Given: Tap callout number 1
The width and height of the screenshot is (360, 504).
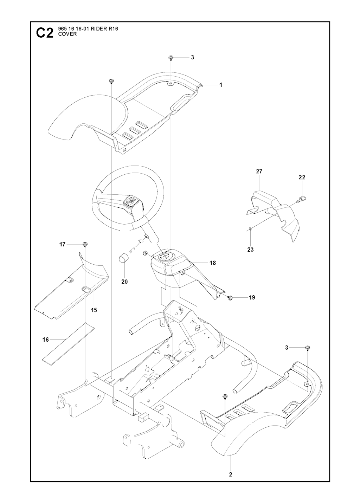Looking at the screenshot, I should pyautogui.click(x=221, y=85).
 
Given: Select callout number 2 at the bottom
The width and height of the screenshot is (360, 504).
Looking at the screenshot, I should pyautogui.click(x=231, y=474).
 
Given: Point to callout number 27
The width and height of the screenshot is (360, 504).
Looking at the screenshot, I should pyautogui.click(x=259, y=172).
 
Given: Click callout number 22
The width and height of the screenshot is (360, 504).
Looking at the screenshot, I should pyautogui.click(x=302, y=177).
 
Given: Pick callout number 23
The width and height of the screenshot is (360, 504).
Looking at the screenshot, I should pyautogui.click(x=250, y=250).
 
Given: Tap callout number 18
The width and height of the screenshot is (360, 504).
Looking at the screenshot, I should pyautogui.click(x=212, y=263).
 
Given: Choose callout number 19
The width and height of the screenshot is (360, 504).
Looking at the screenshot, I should pyautogui.click(x=252, y=297).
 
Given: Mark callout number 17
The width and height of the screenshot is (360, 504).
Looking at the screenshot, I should pyautogui.click(x=62, y=244).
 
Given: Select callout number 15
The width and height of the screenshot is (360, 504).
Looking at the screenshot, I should pyautogui.click(x=94, y=310).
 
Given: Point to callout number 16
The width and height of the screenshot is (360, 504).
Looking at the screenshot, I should pyautogui.click(x=46, y=340).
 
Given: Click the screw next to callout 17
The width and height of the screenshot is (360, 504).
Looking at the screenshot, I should pyautogui.click(x=85, y=244).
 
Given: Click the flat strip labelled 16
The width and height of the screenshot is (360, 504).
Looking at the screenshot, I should pyautogui.click(x=69, y=342).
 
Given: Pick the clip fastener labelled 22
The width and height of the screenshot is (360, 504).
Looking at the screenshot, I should pyautogui.click(x=300, y=200).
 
